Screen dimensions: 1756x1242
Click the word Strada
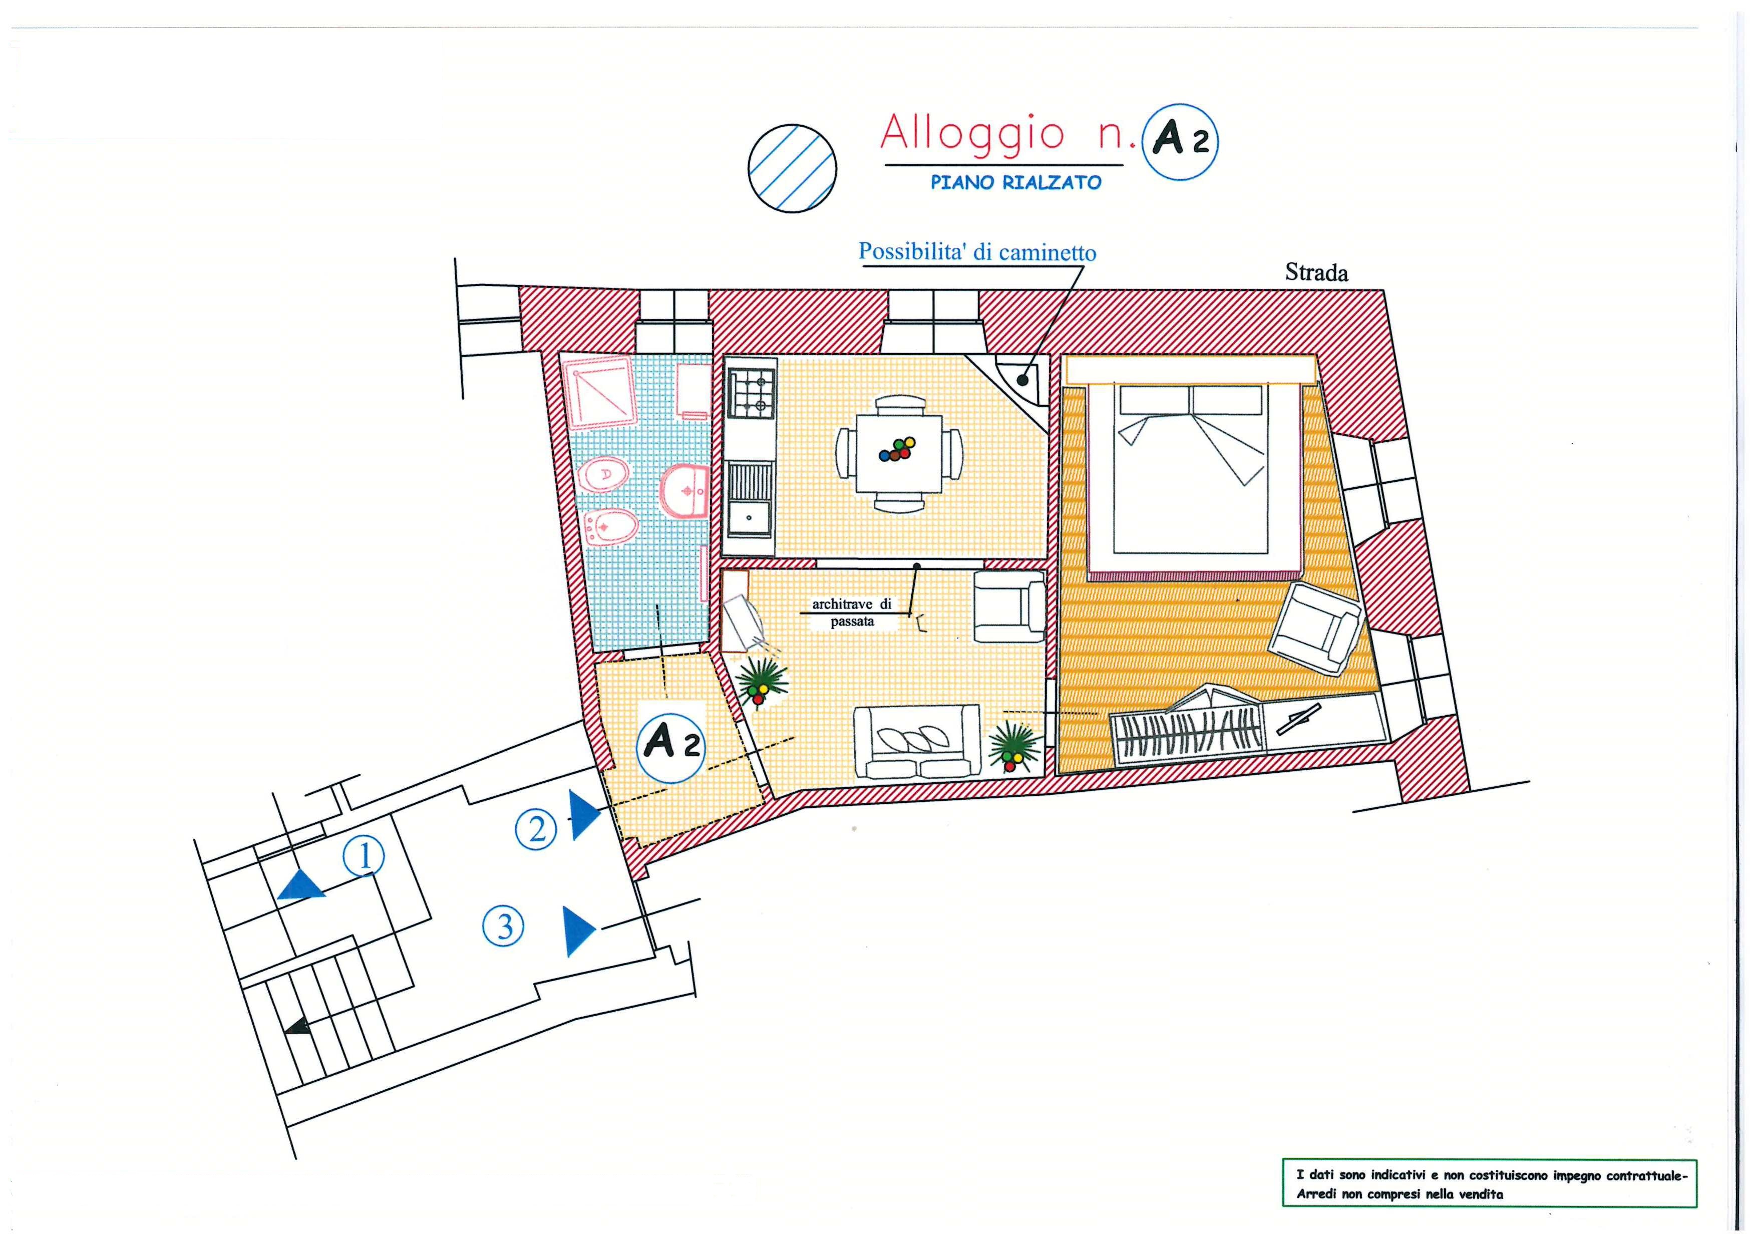click(x=1316, y=272)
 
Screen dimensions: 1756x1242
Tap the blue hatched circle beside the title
click(x=792, y=168)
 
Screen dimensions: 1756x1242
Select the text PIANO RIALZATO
click(x=1015, y=183)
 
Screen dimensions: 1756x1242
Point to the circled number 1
click(x=364, y=856)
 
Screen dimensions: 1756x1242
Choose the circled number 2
click(x=536, y=829)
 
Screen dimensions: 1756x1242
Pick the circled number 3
click(x=503, y=927)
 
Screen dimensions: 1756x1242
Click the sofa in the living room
click(x=916, y=741)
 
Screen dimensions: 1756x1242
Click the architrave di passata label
click(x=852, y=612)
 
